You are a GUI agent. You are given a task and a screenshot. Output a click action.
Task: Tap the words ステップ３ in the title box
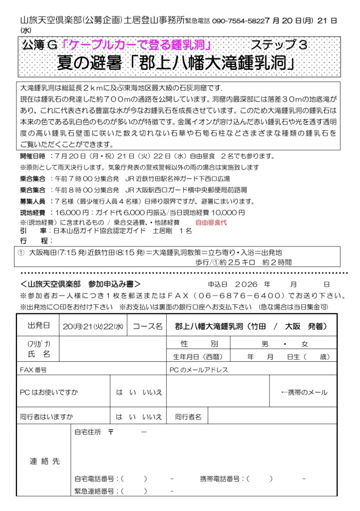click(286, 44)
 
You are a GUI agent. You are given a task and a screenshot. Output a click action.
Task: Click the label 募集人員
click(32, 202)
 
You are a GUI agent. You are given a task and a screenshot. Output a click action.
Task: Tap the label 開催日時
click(32, 157)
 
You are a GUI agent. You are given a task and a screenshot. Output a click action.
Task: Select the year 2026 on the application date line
click(249, 284)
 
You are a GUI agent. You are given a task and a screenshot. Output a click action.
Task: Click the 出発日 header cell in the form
click(38, 326)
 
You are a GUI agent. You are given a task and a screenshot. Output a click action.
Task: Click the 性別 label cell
click(199, 344)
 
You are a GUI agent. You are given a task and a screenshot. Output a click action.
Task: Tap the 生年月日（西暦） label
click(198, 357)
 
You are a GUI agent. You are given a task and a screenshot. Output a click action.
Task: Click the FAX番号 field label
click(33, 370)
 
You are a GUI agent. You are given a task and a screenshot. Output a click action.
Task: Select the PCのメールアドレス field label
click(199, 370)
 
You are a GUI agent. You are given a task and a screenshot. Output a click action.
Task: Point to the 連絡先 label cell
click(44, 461)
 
